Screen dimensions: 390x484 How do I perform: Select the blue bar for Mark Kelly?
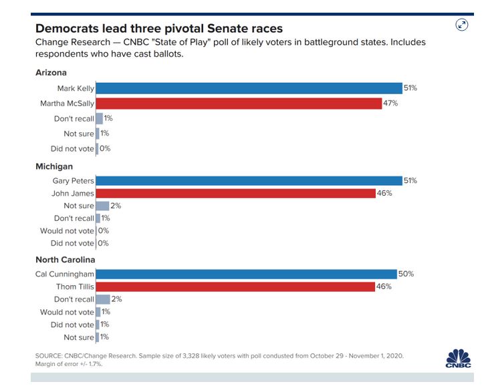(x=249, y=88)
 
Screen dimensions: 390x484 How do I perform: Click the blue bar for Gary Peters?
(x=249, y=181)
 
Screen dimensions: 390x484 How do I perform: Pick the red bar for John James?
(x=235, y=194)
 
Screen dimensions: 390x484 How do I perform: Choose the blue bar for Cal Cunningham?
(x=246, y=274)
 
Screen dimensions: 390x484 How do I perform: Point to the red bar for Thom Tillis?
(x=235, y=286)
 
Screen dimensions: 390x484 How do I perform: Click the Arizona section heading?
(x=51, y=73)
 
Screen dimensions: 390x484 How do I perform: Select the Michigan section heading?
(x=54, y=166)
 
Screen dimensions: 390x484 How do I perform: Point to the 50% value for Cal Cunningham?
(x=406, y=274)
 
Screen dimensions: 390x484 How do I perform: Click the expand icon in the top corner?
(x=462, y=25)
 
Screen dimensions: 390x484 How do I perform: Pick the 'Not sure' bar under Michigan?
(x=102, y=206)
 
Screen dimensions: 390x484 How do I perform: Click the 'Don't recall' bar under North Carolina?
(x=103, y=299)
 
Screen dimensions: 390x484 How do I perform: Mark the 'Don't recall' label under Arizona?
(x=74, y=119)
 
